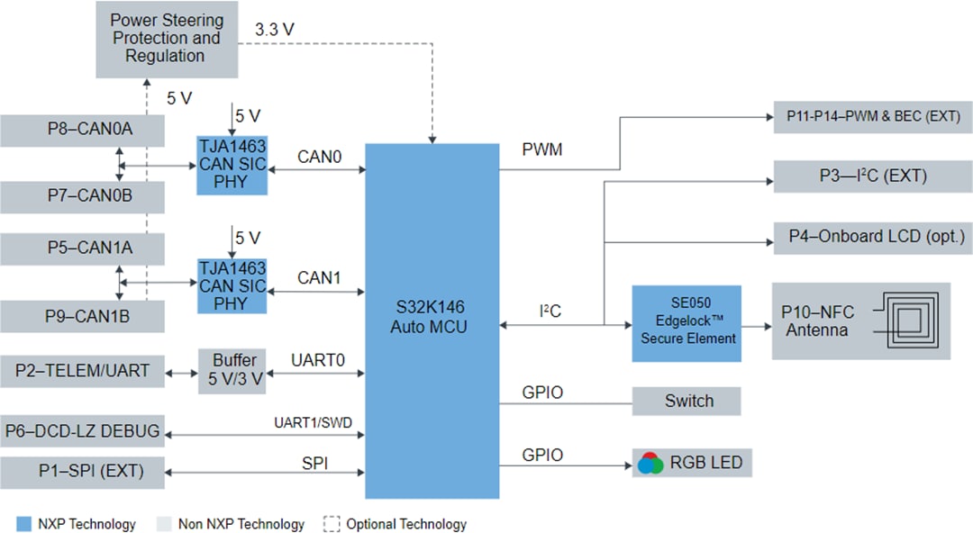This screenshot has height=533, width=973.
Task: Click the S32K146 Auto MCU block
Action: click(432, 320)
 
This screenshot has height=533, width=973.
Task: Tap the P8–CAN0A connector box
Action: click(82, 131)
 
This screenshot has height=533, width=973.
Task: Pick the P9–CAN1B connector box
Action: click(82, 316)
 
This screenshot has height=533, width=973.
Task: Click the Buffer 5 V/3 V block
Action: click(232, 370)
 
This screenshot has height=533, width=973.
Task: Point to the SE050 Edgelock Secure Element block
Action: click(687, 324)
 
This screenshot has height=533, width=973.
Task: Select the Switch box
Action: click(687, 402)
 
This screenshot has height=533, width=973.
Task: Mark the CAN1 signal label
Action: click(319, 278)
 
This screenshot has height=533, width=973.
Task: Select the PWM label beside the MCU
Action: click(542, 149)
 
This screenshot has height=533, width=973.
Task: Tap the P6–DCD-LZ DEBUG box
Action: click(82, 431)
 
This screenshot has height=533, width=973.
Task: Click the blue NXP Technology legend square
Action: click(23, 524)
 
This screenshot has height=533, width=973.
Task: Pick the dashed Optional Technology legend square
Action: click(331, 524)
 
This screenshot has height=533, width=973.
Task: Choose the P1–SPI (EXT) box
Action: click(82, 470)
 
